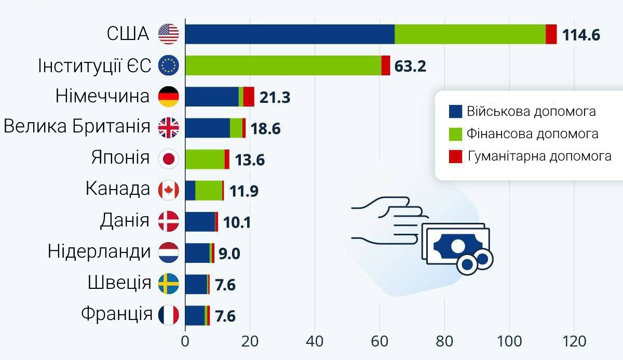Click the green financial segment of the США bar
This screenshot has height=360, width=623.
pyautogui.click(x=470, y=34)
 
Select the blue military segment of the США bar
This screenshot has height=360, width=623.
pyautogui.click(x=290, y=34)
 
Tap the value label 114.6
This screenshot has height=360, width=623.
pyautogui.click(x=581, y=35)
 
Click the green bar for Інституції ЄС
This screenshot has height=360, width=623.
pyautogui.click(x=283, y=65)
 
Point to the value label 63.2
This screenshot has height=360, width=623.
pyautogui.click(x=410, y=66)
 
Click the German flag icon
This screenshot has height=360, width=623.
pyautogui.click(x=168, y=97)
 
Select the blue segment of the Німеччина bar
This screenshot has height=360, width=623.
pyautogui.click(x=212, y=97)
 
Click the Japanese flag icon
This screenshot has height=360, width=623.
pyautogui.click(x=168, y=159)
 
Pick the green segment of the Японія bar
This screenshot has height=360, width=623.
pyautogui.click(x=205, y=159)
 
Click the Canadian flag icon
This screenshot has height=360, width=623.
pyautogui.click(x=168, y=190)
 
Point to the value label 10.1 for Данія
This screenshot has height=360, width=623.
pyautogui.click(x=237, y=222)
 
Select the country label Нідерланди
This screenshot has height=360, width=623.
pyautogui.click(x=99, y=252)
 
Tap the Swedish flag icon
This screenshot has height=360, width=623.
pyautogui.click(x=168, y=284)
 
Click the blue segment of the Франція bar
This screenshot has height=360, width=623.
pyautogui.click(x=195, y=315)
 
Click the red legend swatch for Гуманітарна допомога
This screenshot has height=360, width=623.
pyautogui.click(x=455, y=156)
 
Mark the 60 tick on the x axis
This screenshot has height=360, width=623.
pyautogui.click(x=380, y=342)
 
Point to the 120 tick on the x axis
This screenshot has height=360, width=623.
pyautogui.click(x=574, y=342)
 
